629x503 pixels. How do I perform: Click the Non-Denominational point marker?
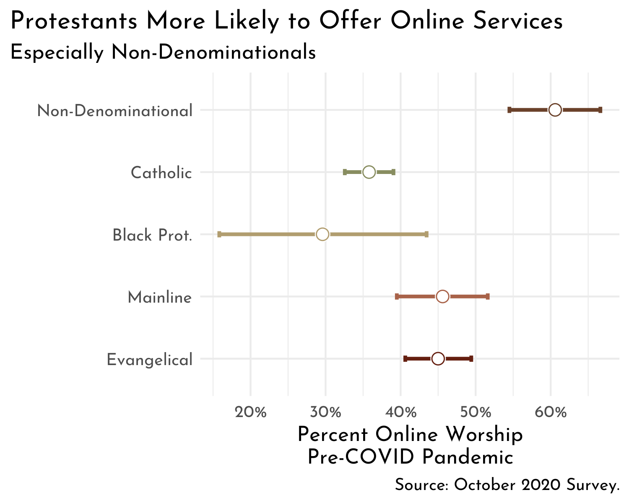click(555, 110)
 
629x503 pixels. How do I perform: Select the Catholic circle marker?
click(369, 172)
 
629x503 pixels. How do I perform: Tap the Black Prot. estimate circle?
click(322, 234)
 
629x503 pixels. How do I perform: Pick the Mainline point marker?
click(442, 296)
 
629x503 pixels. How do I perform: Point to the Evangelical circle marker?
click(438, 358)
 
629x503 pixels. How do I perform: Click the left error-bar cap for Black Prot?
click(219, 234)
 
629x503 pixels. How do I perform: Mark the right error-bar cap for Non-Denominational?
click(600, 110)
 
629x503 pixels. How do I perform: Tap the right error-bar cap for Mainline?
click(488, 296)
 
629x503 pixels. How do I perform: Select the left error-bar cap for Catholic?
click(345, 172)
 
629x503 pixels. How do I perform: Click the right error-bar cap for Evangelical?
click(471, 358)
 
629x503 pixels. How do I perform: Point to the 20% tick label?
click(251, 412)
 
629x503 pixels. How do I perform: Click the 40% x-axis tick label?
click(400, 412)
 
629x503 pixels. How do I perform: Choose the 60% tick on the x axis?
click(551, 412)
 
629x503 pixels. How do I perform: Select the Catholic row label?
click(161, 173)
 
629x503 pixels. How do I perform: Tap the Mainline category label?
click(160, 298)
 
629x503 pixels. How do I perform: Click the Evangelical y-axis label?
click(150, 360)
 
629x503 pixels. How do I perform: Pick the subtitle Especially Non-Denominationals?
click(163, 53)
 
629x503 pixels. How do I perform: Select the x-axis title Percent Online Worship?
click(410, 435)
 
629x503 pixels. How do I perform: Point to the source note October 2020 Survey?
click(507, 485)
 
